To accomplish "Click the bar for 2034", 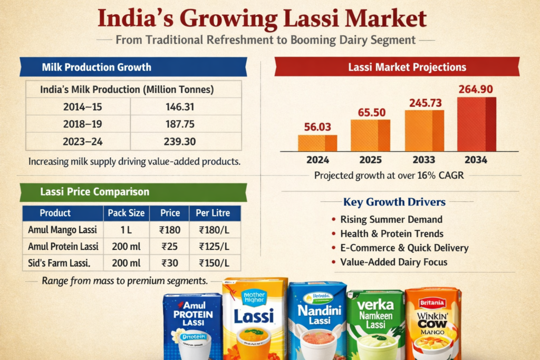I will [x=476, y=124].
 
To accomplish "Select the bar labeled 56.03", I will [x=317, y=143].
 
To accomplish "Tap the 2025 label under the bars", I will [x=371, y=160].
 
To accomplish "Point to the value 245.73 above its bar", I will [x=424, y=103].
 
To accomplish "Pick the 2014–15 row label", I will [x=82, y=107].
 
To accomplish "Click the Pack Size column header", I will [x=126, y=213].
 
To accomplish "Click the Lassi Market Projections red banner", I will [x=397, y=67].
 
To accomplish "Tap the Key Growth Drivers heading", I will [x=394, y=202].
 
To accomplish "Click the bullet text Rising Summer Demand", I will [x=391, y=219].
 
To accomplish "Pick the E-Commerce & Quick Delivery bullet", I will [x=404, y=248].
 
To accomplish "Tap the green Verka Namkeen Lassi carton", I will [x=375, y=324].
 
